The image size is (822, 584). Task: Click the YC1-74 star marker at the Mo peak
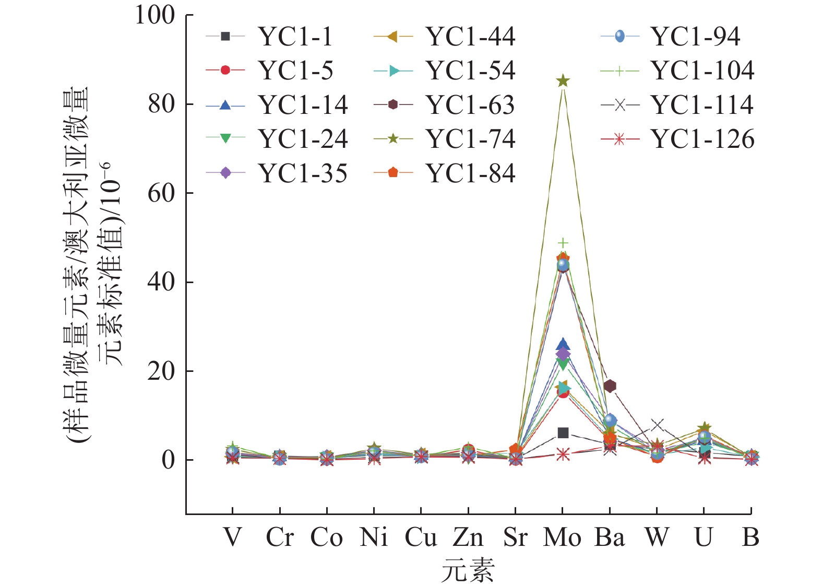(563, 81)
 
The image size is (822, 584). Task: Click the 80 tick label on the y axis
(161, 104)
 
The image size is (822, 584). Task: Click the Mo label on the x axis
(562, 538)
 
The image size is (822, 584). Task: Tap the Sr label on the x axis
(515, 538)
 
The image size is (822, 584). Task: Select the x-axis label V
(233, 538)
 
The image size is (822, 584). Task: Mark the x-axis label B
(750, 538)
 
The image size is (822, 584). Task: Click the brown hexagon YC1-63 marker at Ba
(610, 386)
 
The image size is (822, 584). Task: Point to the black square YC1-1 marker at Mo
(563, 433)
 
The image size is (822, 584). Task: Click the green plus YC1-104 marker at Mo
(563, 243)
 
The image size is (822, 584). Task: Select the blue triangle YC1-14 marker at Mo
(563, 345)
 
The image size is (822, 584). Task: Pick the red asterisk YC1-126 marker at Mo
(563, 454)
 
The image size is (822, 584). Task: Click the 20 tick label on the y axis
(161, 371)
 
